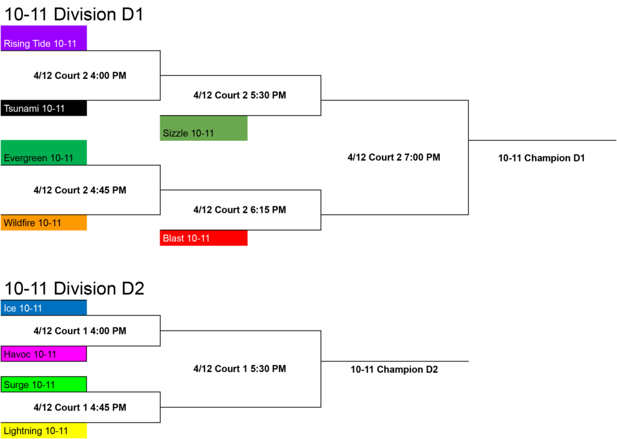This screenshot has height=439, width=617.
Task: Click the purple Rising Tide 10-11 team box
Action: (43, 38)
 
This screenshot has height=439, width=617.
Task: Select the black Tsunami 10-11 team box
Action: (43, 108)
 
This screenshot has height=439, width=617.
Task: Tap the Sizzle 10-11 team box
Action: (204, 128)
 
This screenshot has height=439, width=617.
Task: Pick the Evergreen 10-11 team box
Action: (43, 152)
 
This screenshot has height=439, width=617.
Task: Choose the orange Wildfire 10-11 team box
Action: (43, 223)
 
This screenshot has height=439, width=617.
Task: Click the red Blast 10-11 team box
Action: (204, 238)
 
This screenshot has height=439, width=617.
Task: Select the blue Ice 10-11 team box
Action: (43, 308)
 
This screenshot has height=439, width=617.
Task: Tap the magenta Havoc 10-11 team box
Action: (43, 353)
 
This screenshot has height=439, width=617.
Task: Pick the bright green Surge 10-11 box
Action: (43, 384)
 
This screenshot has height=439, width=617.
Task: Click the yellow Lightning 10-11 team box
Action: (43, 431)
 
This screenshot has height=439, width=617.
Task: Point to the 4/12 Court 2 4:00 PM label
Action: (80, 75)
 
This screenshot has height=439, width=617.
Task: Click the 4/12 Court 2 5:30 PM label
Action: (240, 95)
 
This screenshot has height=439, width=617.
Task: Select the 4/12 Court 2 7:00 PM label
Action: (394, 157)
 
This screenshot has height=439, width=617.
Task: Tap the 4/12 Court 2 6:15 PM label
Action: (240, 210)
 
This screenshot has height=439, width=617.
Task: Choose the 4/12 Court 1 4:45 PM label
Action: (80, 407)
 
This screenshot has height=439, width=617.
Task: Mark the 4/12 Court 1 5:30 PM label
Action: (240, 369)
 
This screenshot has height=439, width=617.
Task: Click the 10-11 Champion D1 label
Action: (542, 158)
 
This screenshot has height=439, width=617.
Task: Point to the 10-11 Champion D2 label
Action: (394, 369)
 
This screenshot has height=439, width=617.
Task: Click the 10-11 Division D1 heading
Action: (74, 14)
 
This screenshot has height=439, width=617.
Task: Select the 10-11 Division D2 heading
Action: (74, 288)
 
